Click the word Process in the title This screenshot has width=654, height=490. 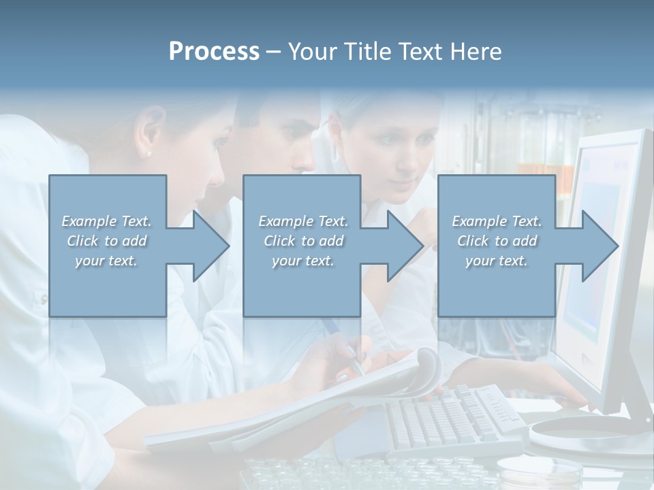214,52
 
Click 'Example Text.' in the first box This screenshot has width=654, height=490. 106,221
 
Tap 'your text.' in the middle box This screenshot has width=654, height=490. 302,261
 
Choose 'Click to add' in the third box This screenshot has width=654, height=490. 497,241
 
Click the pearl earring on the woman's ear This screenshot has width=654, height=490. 149,154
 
